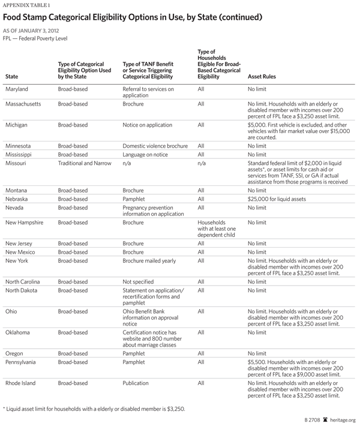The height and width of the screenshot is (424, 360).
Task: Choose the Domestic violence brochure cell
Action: point(155,146)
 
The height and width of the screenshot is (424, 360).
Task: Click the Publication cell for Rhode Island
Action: point(139,383)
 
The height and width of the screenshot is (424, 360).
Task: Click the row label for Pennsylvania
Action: point(23,362)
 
